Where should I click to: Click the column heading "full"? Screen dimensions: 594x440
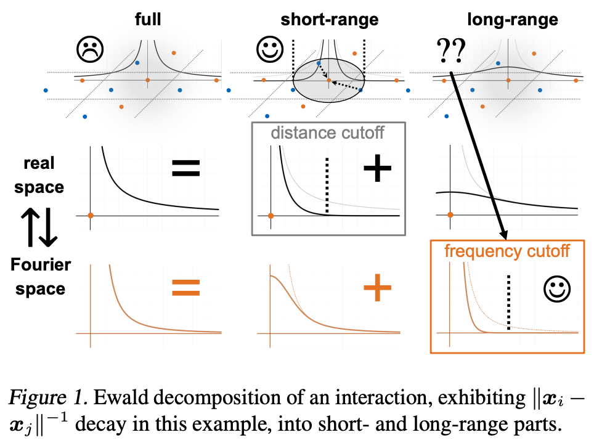[148, 19]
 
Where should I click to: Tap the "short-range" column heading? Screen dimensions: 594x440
[330, 20]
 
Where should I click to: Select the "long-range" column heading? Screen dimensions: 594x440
[513, 20]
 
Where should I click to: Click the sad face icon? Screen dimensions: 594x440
[90, 49]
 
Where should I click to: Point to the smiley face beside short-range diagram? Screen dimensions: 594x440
[270, 49]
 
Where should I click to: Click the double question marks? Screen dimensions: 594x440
[451, 51]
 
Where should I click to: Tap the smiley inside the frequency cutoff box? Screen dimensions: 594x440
[557, 289]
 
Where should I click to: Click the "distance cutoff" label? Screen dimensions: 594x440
[328, 133]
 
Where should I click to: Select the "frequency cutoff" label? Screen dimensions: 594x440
[507, 251]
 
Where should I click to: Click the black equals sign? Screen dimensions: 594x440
[185, 168]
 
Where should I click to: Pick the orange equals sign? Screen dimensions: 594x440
[185, 288]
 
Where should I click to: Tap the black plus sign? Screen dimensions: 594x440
[377, 168]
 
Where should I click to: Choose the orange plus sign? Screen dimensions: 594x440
[377, 288]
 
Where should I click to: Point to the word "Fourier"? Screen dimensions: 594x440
[41, 264]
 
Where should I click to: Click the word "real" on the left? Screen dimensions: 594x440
[39, 163]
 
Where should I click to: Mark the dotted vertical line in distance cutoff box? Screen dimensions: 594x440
[327, 185]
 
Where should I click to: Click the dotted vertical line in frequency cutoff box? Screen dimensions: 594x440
[508, 303]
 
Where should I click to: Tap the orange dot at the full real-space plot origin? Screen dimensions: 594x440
[91, 216]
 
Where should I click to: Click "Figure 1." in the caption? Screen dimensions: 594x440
[48, 397]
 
